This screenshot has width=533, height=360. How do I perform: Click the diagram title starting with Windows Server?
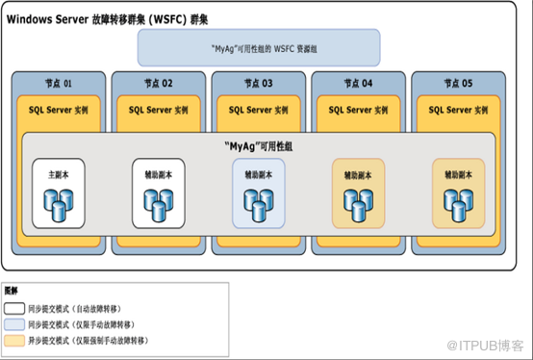point(107,19)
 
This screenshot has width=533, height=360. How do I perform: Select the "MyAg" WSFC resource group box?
point(259,47)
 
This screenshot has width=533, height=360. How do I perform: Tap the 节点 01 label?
point(59,84)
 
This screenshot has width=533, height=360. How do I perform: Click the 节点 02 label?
point(159,84)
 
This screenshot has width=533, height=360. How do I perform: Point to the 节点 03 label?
point(259,84)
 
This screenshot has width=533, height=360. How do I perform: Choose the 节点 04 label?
point(358,84)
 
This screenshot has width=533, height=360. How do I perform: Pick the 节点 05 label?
point(458,84)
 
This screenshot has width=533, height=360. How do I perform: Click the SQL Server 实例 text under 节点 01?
point(59,110)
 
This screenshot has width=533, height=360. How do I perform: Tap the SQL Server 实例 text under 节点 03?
point(259,110)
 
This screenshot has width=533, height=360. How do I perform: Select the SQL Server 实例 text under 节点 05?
point(458,110)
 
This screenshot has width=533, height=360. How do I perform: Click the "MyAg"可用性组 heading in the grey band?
point(259,146)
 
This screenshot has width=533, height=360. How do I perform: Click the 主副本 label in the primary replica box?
point(59,175)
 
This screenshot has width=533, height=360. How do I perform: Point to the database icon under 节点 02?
point(159,205)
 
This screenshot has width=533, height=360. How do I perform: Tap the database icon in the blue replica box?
point(259,205)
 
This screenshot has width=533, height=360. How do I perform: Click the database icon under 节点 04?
point(358,205)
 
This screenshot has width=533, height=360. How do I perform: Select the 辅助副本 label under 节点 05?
point(458,175)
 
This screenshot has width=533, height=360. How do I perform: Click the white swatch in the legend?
point(14,309)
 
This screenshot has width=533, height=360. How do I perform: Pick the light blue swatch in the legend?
point(14,324)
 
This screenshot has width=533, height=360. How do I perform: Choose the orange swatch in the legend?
point(14,341)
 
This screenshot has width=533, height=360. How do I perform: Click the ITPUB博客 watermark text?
point(485,346)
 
